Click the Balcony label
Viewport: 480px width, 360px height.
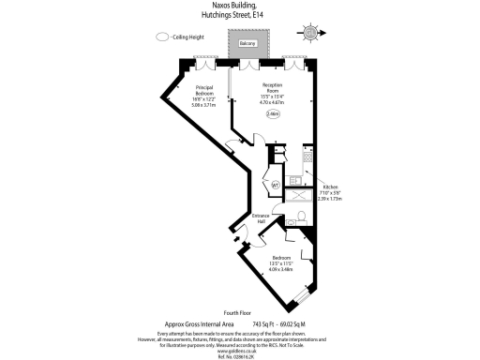click(x=247, y=44)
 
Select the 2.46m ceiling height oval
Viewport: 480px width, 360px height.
click(x=272, y=114)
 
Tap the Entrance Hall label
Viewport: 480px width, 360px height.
click(x=260, y=218)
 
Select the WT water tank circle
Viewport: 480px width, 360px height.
click(x=276, y=186)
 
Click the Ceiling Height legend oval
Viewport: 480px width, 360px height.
click(x=162, y=37)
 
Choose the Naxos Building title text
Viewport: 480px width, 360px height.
click(x=240, y=7)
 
